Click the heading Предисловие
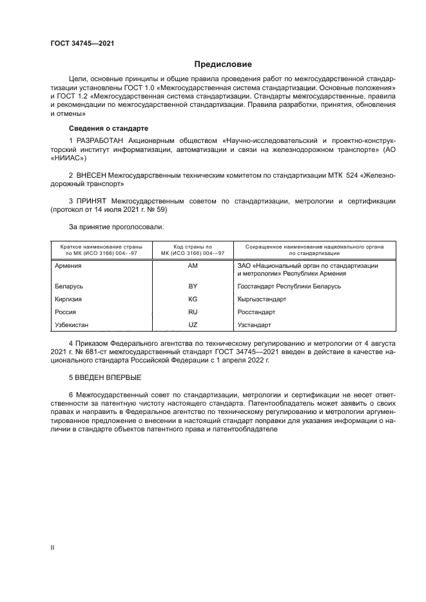click(223, 64)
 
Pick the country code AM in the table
click(191, 265)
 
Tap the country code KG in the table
click(191, 299)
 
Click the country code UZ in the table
click(191, 325)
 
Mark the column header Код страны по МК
click(191, 249)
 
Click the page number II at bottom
click(53, 547)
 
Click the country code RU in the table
click(191, 312)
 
